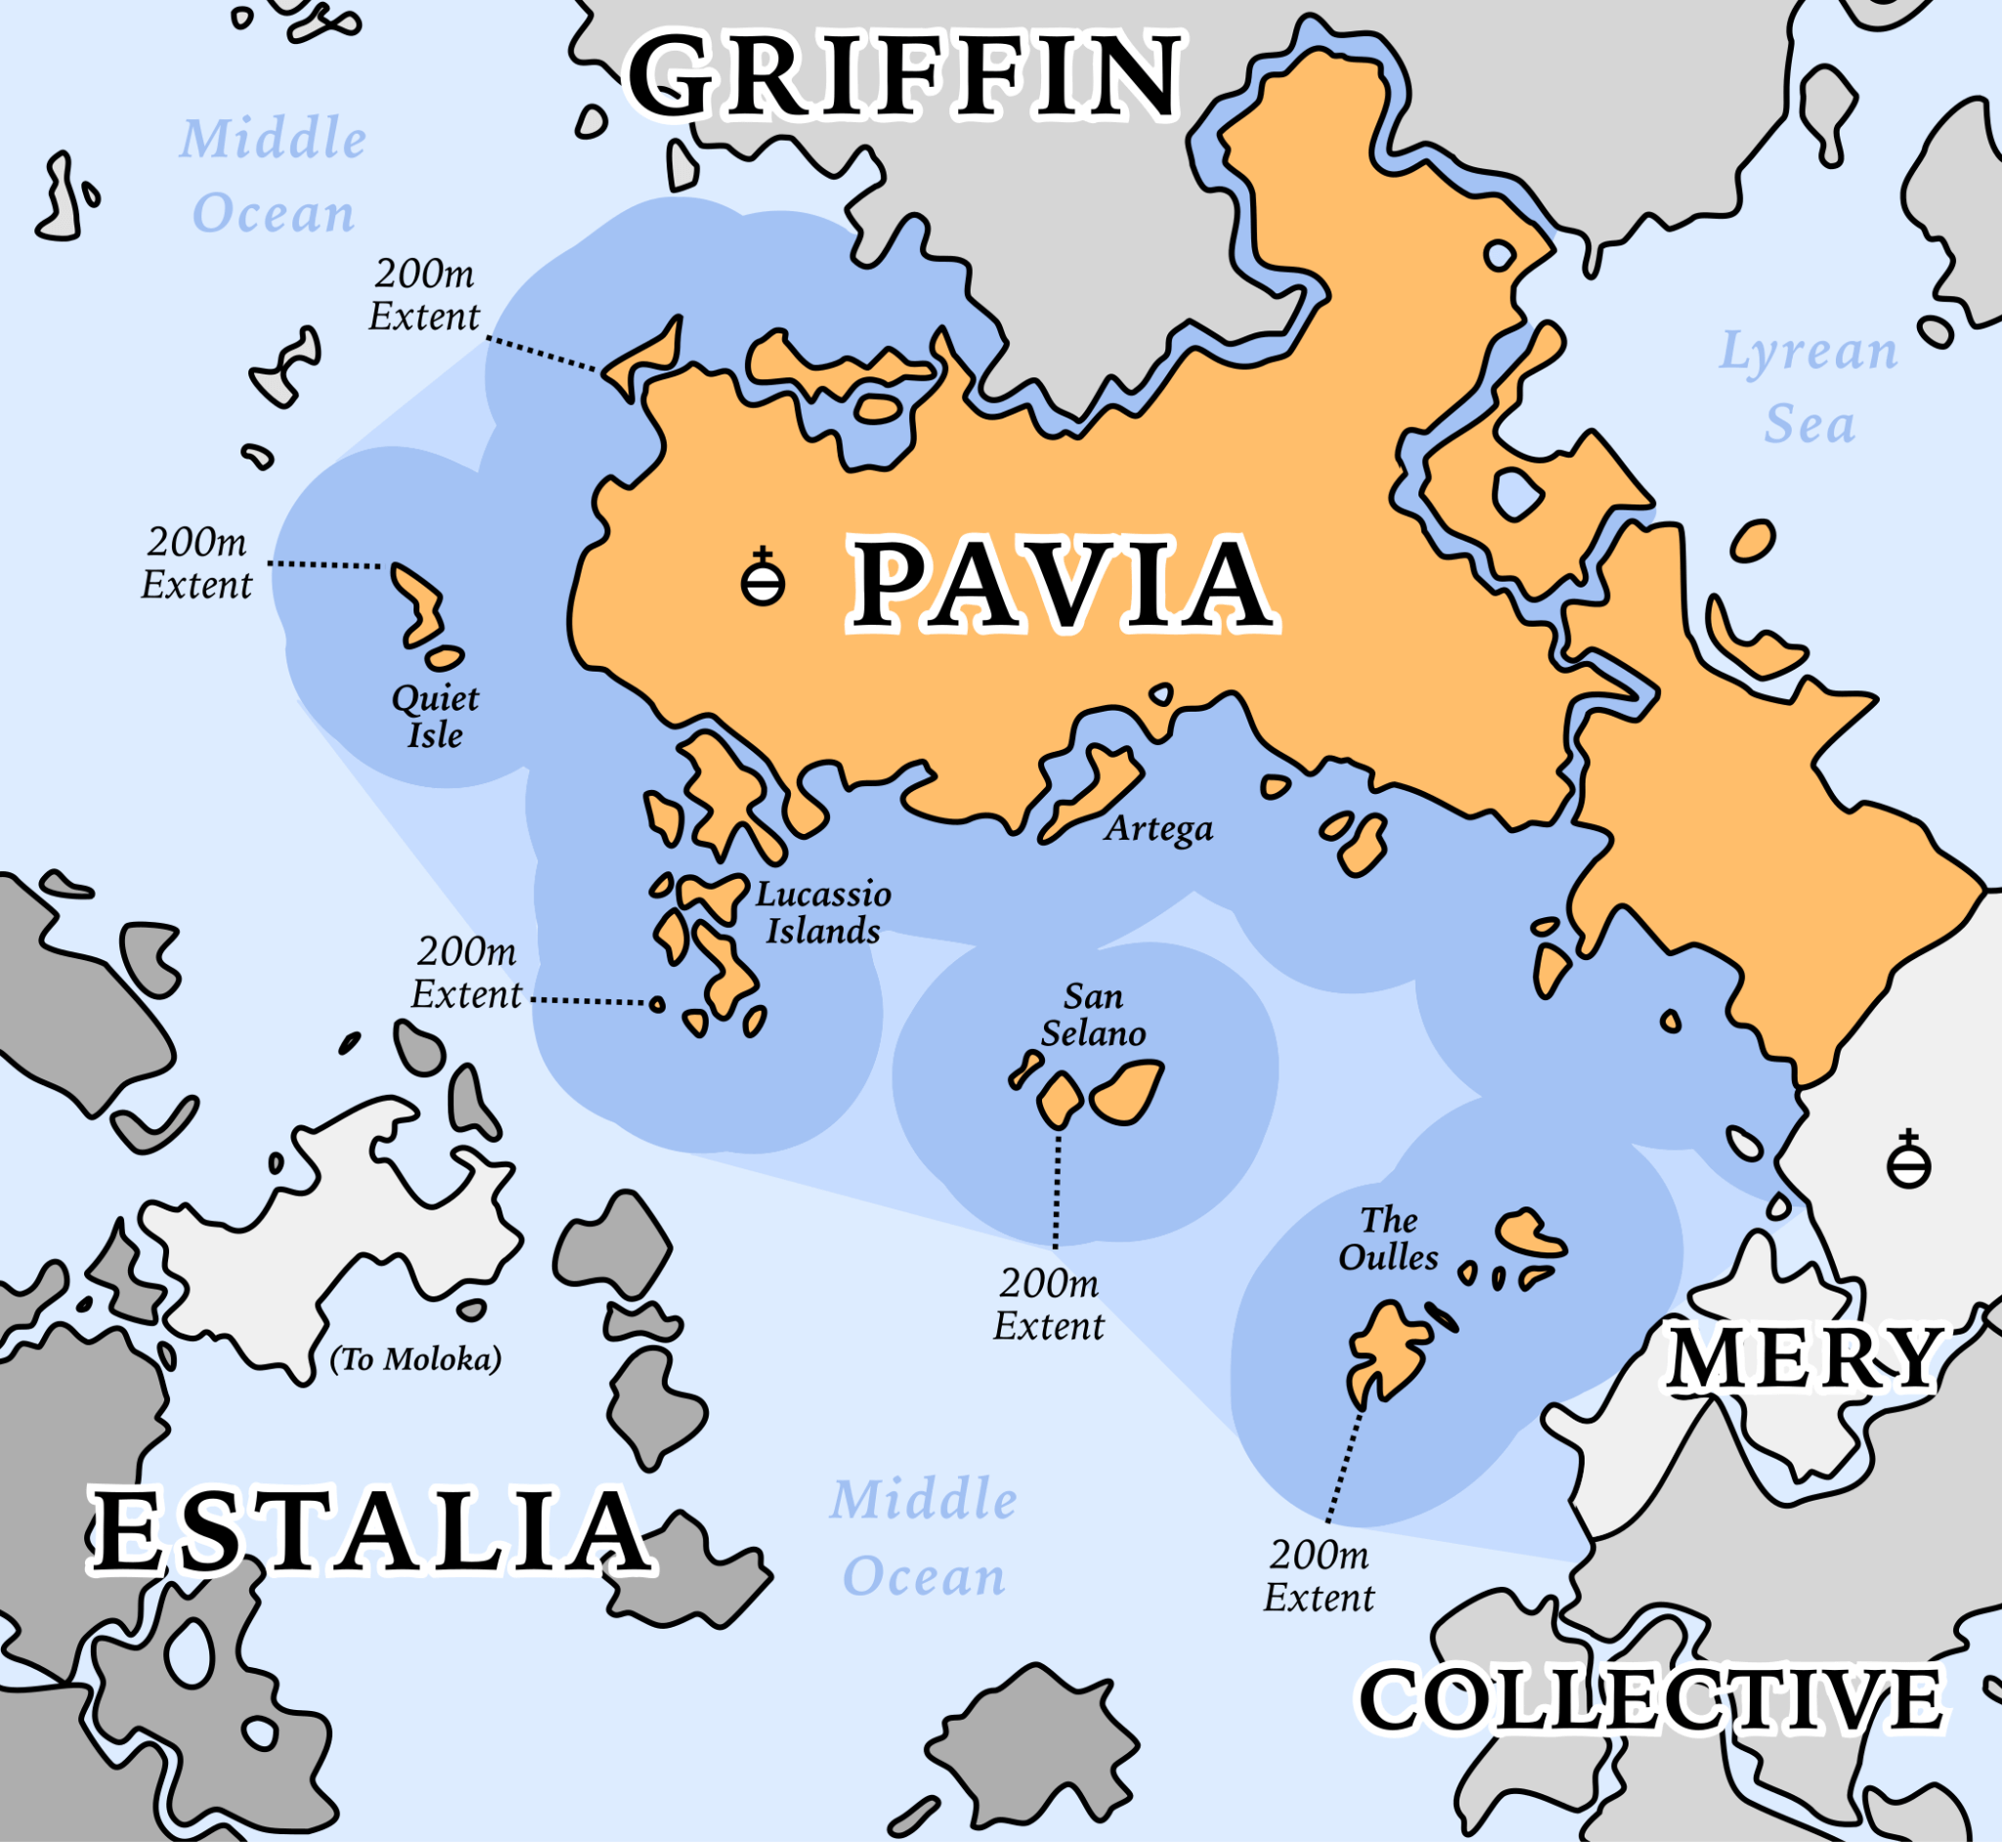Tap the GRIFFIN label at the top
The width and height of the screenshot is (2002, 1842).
[x=905, y=75]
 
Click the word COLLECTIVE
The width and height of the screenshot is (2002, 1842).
[x=1650, y=1698]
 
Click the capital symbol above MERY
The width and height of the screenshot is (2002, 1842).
[x=1908, y=1162]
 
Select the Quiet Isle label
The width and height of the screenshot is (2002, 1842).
[x=435, y=717]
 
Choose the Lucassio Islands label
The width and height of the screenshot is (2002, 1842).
[x=823, y=912]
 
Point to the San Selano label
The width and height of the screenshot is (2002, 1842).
[x=1093, y=1014]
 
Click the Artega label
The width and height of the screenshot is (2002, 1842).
[x=1159, y=828]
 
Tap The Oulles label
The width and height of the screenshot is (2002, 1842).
[x=1388, y=1238]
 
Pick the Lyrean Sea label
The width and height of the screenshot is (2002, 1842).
[x=1808, y=387]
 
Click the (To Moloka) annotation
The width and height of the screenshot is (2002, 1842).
[x=415, y=1359]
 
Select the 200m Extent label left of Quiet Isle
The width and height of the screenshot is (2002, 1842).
[x=196, y=563]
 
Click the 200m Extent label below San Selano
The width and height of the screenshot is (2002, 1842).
[x=1049, y=1304]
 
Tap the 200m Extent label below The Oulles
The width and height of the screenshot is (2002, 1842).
[x=1320, y=1576]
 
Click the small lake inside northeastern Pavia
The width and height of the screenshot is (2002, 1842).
[x=1517, y=493]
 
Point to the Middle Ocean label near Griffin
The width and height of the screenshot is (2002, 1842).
[x=273, y=175]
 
